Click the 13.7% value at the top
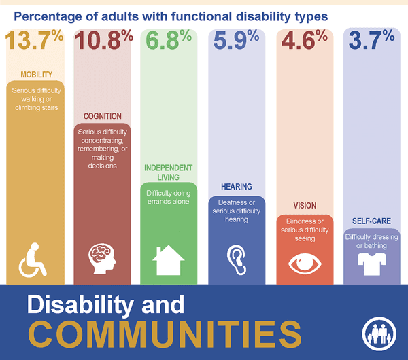[x=35, y=41]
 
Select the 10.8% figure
[x=102, y=41]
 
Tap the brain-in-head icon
[x=102, y=259]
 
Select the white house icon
[x=169, y=260]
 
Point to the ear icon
[x=235, y=259]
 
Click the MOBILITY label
[x=36, y=74]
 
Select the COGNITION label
[x=102, y=116]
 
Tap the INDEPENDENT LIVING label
[x=169, y=173]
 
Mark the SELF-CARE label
[x=371, y=221]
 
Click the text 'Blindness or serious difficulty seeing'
[x=304, y=230]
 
